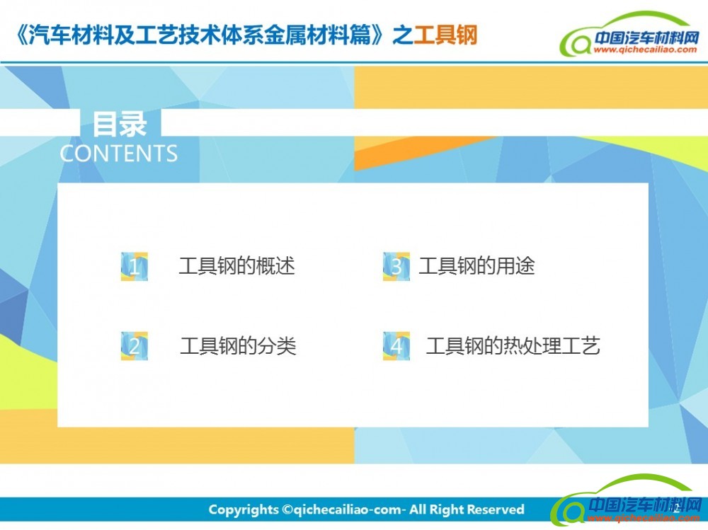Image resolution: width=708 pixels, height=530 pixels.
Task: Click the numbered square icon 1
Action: click(x=134, y=266)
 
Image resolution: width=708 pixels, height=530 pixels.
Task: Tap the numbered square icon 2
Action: click(x=134, y=346)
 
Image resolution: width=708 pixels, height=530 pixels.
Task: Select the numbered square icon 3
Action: click(x=396, y=266)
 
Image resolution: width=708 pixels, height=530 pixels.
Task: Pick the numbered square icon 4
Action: click(x=396, y=346)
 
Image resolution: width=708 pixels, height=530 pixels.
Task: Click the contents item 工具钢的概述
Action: click(x=236, y=266)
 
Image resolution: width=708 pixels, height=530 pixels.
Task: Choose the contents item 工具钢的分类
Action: click(x=238, y=346)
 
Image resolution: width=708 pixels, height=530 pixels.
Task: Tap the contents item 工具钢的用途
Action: click(x=476, y=266)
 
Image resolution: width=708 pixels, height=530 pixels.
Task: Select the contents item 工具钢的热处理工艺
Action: click(x=513, y=346)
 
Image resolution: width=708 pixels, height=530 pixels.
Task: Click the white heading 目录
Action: click(x=120, y=124)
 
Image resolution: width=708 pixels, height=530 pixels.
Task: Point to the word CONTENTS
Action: click(x=119, y=154)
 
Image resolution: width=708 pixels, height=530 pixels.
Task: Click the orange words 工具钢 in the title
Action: click(x=445, y=35)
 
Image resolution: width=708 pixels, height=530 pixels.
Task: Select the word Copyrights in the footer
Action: click(x=244, y=509)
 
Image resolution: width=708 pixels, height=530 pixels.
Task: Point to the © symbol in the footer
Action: click(x=287, y=509)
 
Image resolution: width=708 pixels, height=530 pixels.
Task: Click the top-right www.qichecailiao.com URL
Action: click(x=645, y=50)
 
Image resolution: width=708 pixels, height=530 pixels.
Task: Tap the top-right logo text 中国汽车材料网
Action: click(x=646, y=37)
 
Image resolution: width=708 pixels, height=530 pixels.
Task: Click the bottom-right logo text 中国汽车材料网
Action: click(x=646, y=505)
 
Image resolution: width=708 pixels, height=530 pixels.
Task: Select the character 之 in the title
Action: click(x=404, y=35)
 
